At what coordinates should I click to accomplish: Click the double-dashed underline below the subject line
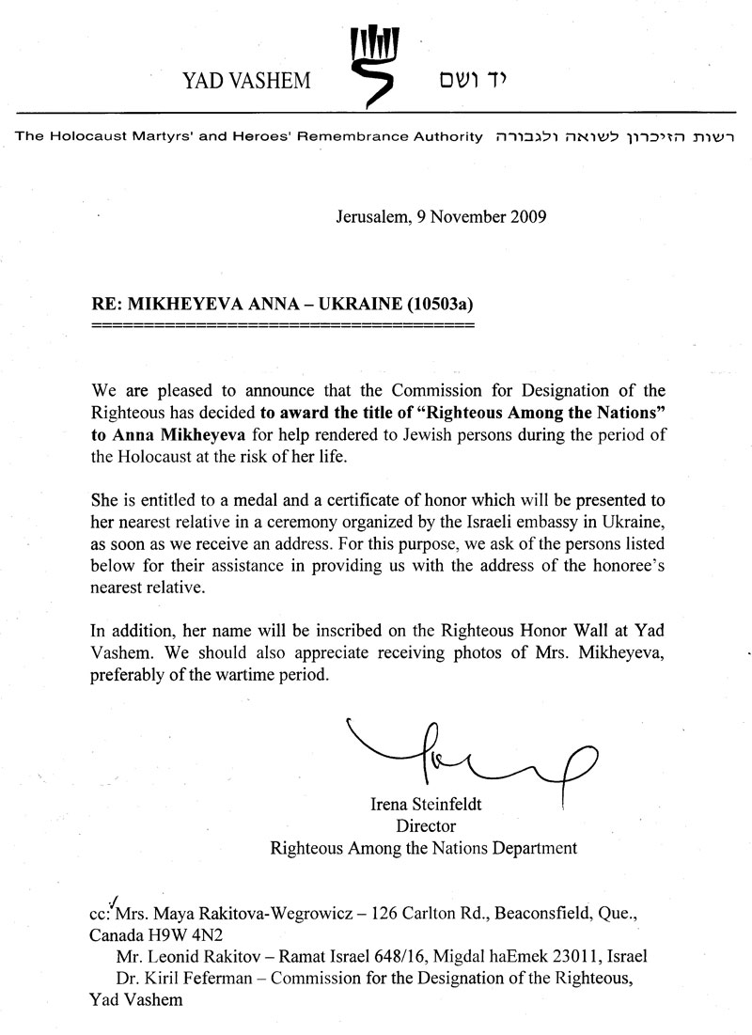[x=282, y=326]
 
